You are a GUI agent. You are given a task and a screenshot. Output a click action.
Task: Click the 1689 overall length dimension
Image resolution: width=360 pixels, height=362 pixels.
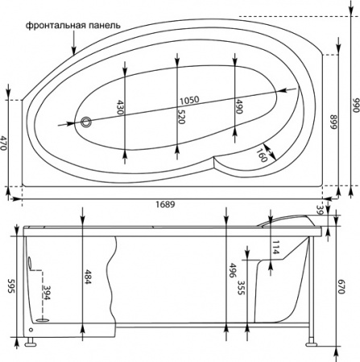[x=165, y=204]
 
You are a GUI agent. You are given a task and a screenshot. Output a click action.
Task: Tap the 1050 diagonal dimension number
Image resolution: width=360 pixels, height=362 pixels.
[x=189, y=101]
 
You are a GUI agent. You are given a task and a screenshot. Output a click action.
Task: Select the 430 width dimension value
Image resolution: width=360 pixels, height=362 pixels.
[x=121, y=107]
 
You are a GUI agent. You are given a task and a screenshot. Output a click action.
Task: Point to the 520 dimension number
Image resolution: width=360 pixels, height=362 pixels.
[x=181, y=117]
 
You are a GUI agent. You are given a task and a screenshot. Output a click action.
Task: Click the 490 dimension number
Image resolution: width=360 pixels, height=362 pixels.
[x=239, y=106]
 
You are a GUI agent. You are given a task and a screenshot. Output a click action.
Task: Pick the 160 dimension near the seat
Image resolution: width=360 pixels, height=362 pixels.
[x=262, y=154]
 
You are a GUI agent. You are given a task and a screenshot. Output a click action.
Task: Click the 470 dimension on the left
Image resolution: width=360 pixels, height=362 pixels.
[x=3, y=142]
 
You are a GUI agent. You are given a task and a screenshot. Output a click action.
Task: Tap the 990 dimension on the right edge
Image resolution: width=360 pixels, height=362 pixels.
[x=356, y=105]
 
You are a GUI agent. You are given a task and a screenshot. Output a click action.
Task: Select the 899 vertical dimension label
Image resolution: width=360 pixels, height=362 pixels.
[x=333, y=122]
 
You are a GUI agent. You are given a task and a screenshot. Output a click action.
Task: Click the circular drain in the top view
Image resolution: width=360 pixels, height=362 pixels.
[x=86, y=122]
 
